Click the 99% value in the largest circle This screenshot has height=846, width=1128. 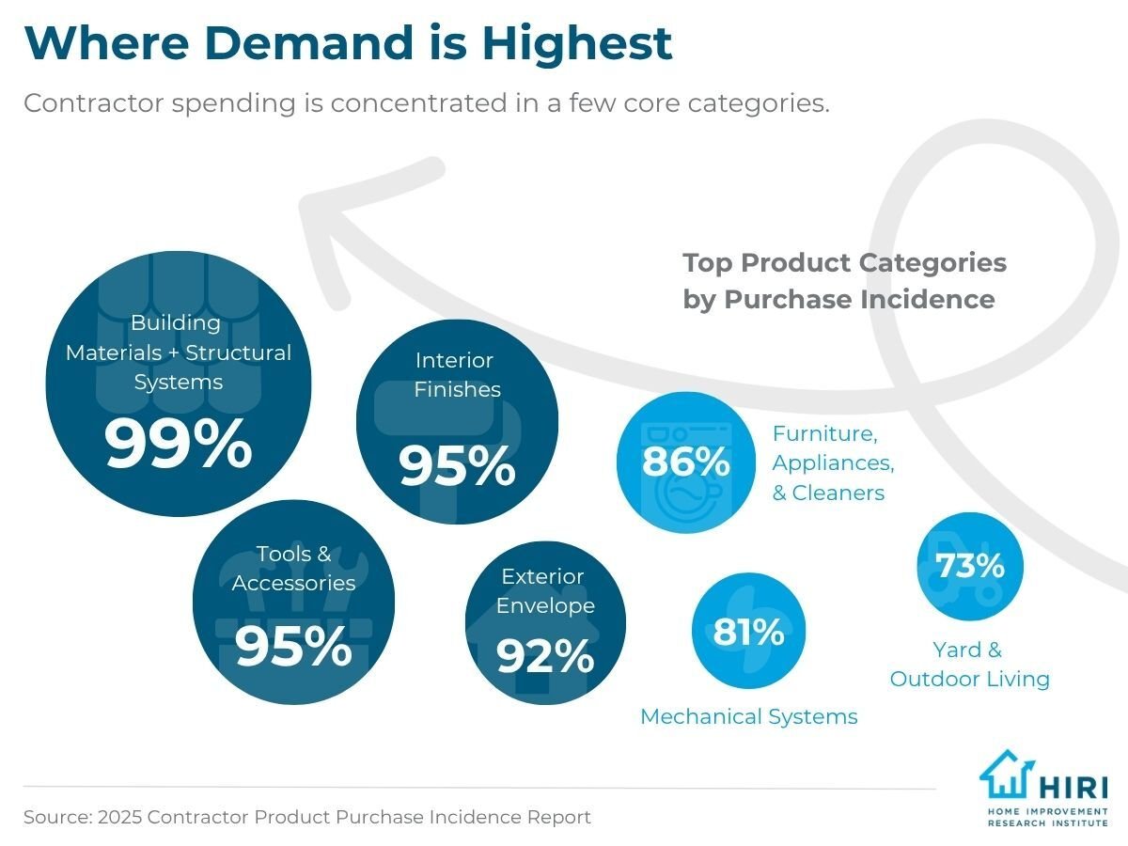[179, 444]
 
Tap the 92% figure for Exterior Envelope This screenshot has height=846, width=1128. [545, 655]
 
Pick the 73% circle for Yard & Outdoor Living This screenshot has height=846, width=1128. [969, 567]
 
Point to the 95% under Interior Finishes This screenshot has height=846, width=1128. [458, 464]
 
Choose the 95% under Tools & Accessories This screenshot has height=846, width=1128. [293, 646]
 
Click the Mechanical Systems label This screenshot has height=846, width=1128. [748, 717]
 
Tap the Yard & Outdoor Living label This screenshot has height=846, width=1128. [969, 665]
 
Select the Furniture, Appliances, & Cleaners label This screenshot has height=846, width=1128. [833, 463]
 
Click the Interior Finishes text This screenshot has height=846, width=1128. [458, 374]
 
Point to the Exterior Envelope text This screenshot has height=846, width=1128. [545, 590]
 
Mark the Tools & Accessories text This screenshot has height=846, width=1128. [293, 569]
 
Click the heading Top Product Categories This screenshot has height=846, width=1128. [844, 262]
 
